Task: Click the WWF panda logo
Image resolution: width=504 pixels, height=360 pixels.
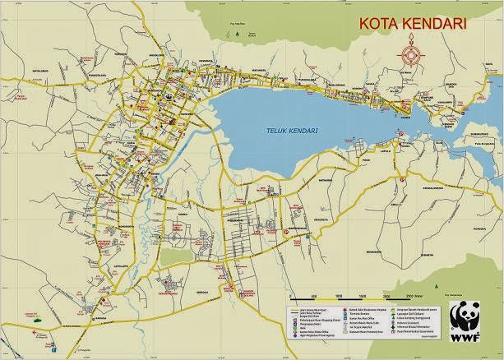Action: [x=469, y=314]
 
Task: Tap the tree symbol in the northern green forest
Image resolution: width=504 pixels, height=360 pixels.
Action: [x=237, y=35]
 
